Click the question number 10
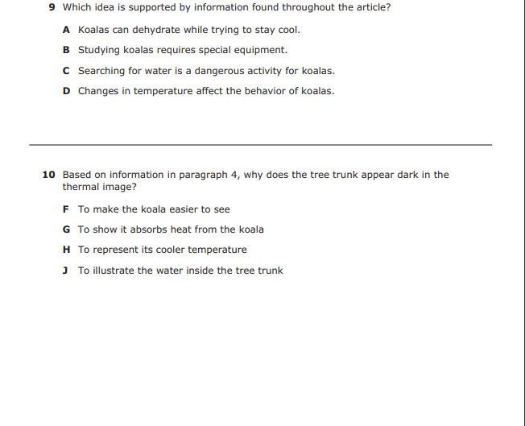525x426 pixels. pyautogui.click(x=48, y=175)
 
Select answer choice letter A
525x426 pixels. pyautogui.click(x=66, y=30)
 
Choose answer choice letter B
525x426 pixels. pyautogui.click(x=66, y=50)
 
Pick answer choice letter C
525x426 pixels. pyautogui.click(x=66, y=71)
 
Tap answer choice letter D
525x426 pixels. pyautogui.click(x=66, y=91)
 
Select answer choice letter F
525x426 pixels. pyautogui.click(x=66, y=209)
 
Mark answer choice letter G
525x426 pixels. pyautogui.click(x=66, y=230)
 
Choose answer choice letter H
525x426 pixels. pyautogui.click(x=66, y=250)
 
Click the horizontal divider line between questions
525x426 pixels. pyautogui.click(x=260, y=145)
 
